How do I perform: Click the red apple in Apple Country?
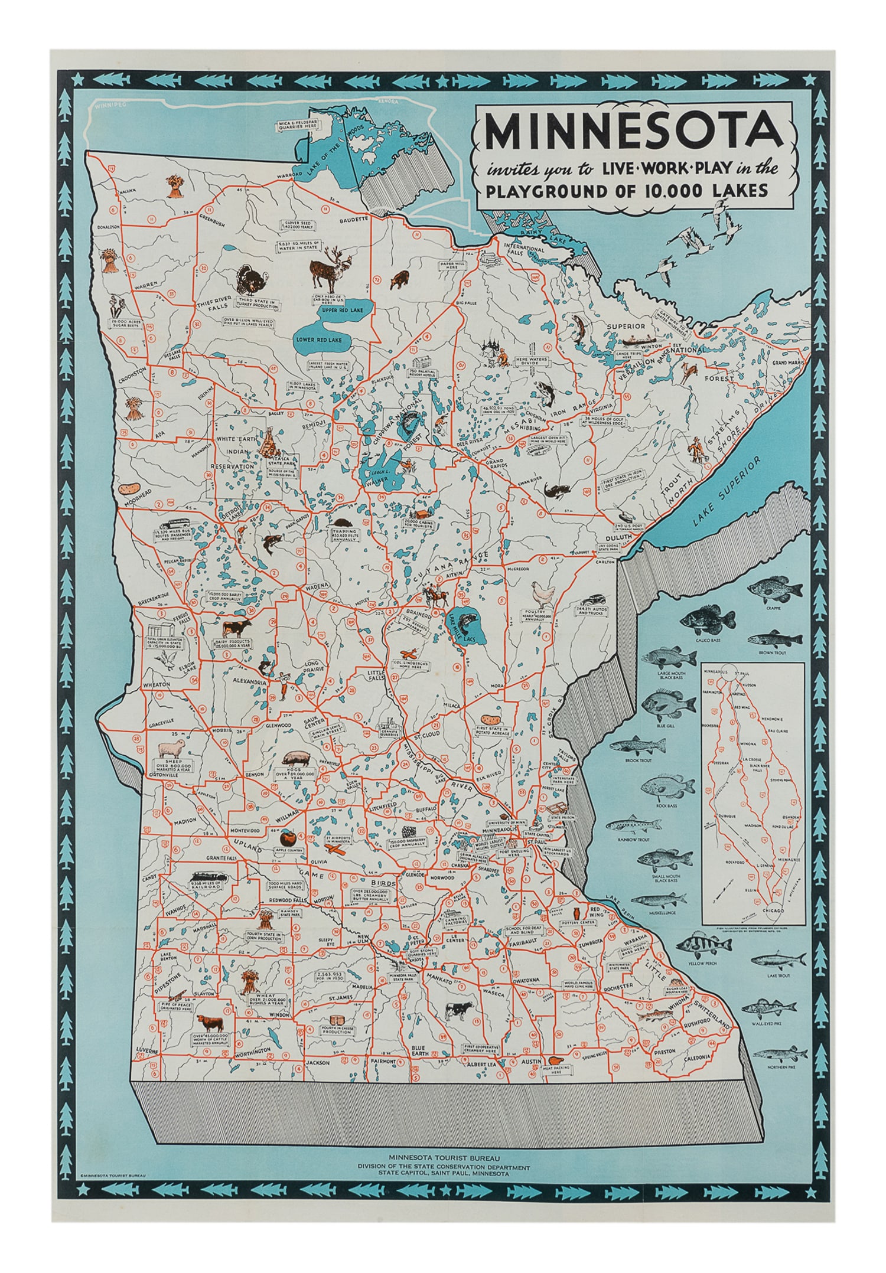click(288, 837)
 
